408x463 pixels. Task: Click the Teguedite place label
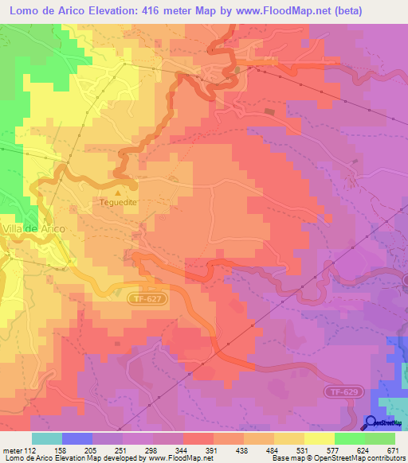point(118,203)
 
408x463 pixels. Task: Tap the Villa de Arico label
point(32,228)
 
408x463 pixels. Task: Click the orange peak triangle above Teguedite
point(119,191)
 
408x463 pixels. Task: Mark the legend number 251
point(123,451)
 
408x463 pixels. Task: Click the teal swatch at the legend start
point(47,438)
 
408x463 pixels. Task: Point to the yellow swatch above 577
point(320,438)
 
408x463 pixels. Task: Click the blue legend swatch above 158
point(77,438)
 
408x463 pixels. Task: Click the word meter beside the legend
point(13,451)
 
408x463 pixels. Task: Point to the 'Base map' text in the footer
point(284,458)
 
